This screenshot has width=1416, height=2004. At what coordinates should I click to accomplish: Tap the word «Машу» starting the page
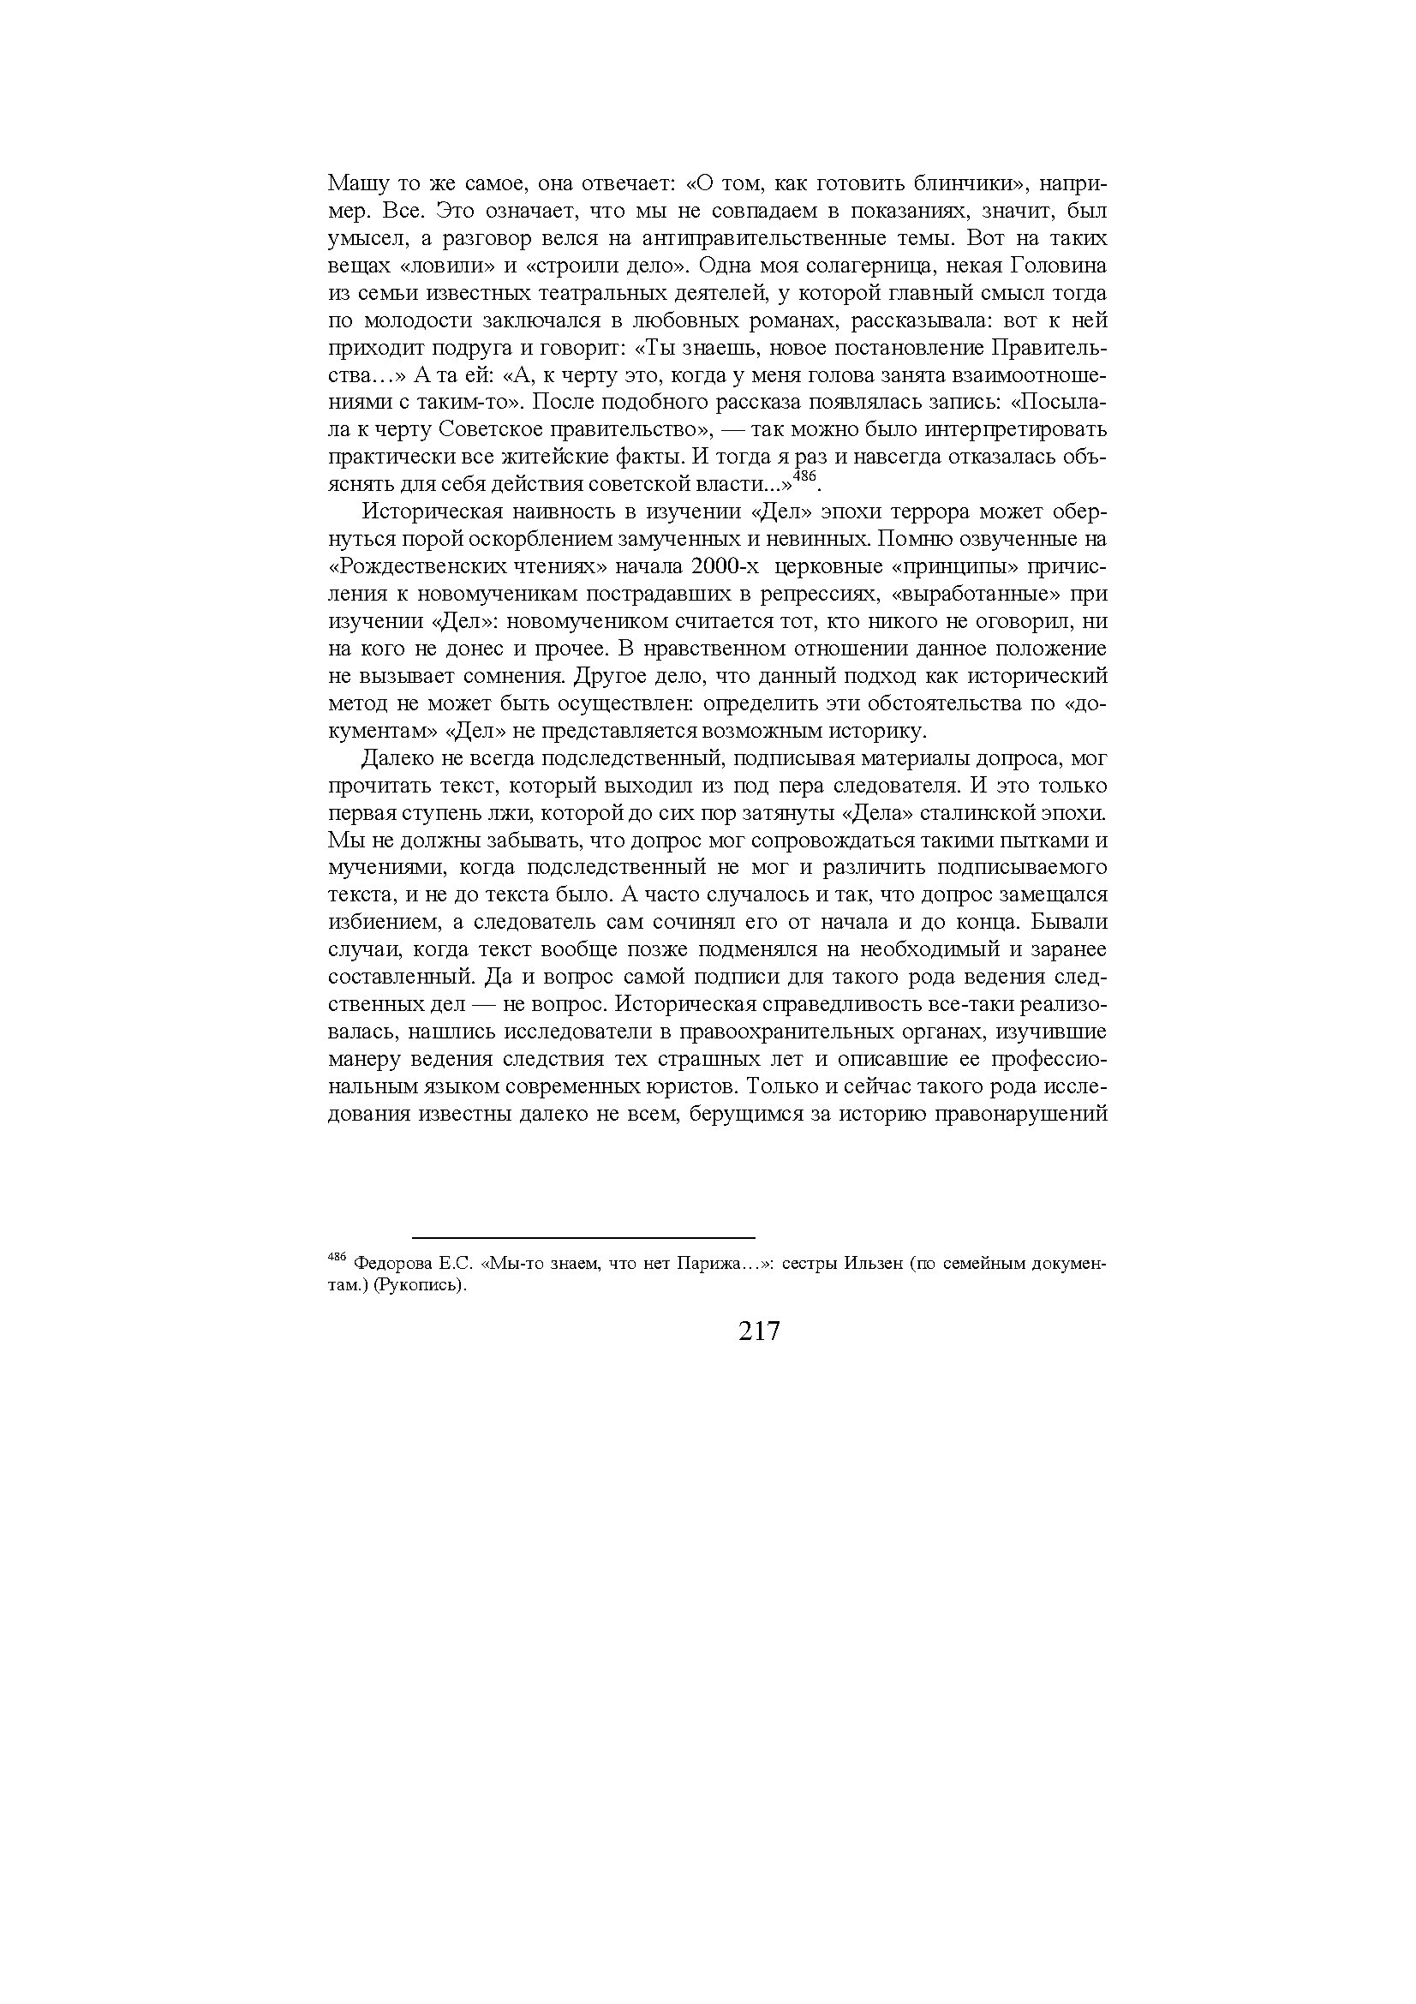pyautogui.click(x=355, y=184)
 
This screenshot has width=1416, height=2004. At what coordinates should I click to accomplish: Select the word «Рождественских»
pyautogui.click(x=429, y=566)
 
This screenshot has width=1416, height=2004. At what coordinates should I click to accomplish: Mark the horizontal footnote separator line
pyautogui.click(x=583, y=1238)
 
